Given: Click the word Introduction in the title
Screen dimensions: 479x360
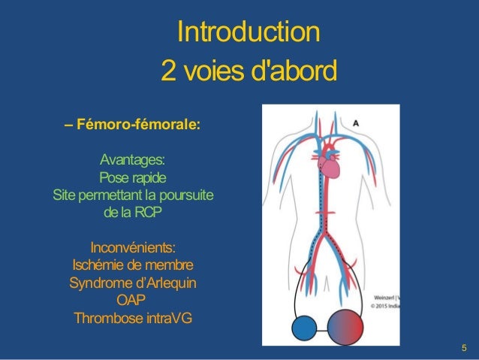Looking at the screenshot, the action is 248,34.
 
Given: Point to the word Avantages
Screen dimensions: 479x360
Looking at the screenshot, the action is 133,161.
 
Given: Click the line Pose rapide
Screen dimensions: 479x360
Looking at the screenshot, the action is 133,178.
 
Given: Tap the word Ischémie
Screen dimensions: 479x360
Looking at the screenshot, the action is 103,265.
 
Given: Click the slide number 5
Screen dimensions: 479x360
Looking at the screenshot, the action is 464,347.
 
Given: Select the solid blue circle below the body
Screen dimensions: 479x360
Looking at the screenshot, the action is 305,329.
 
